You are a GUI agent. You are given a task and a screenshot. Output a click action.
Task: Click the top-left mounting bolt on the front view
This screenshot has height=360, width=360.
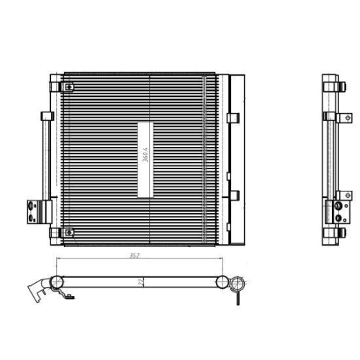(x=68, y=88)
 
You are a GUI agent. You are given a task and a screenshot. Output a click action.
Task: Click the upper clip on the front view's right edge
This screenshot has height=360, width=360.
(x=233, y=117)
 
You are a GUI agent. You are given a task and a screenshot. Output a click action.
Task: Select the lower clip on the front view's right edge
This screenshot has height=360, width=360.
(x=233, y=194)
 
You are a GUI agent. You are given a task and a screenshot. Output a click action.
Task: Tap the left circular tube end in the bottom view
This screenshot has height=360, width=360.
(x=56, y=282)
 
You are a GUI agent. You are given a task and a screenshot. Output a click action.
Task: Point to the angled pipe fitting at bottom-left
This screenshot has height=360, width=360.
(x=36, y=290)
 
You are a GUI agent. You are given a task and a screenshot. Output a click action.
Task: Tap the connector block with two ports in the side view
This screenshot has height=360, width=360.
(x=336, y=210)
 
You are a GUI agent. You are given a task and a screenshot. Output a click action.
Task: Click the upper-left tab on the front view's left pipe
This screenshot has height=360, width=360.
(x=46, y=115)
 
